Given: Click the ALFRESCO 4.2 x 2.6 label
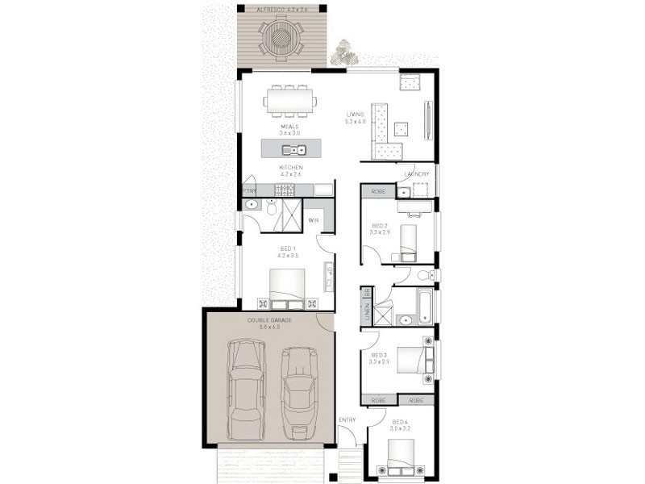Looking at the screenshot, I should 281,10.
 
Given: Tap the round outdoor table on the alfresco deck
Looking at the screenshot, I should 281,37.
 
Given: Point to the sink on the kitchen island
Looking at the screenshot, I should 293,149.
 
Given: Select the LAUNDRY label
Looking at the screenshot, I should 417,174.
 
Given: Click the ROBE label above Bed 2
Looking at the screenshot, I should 378,192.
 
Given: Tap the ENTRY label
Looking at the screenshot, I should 347,419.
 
